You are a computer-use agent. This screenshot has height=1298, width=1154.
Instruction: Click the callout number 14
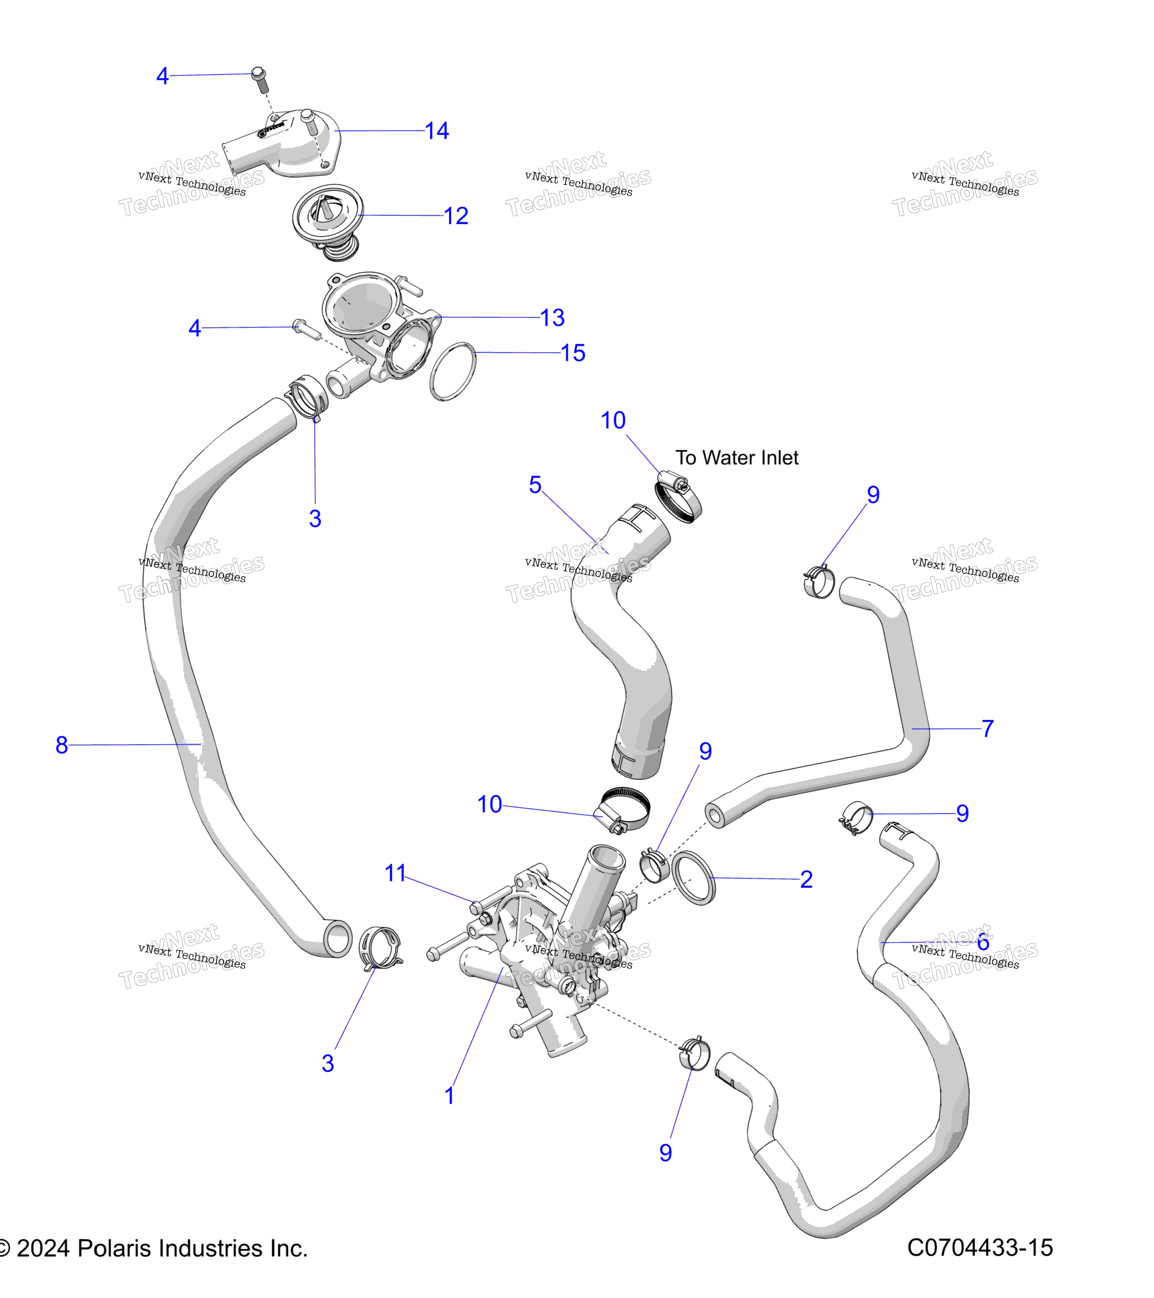(x=437, y=131)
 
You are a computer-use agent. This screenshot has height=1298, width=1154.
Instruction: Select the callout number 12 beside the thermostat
(x=456, y=216)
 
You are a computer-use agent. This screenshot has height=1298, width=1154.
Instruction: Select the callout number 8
(x=62, y=745)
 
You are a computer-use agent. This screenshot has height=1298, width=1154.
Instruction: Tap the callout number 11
(x=395, y=873)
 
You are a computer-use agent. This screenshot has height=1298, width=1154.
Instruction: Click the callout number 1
(x=450, y=1096)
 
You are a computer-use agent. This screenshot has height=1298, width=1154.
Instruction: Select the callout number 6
(x=983, y=942)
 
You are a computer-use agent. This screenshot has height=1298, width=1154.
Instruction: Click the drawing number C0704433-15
(x=980, y=1248)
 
